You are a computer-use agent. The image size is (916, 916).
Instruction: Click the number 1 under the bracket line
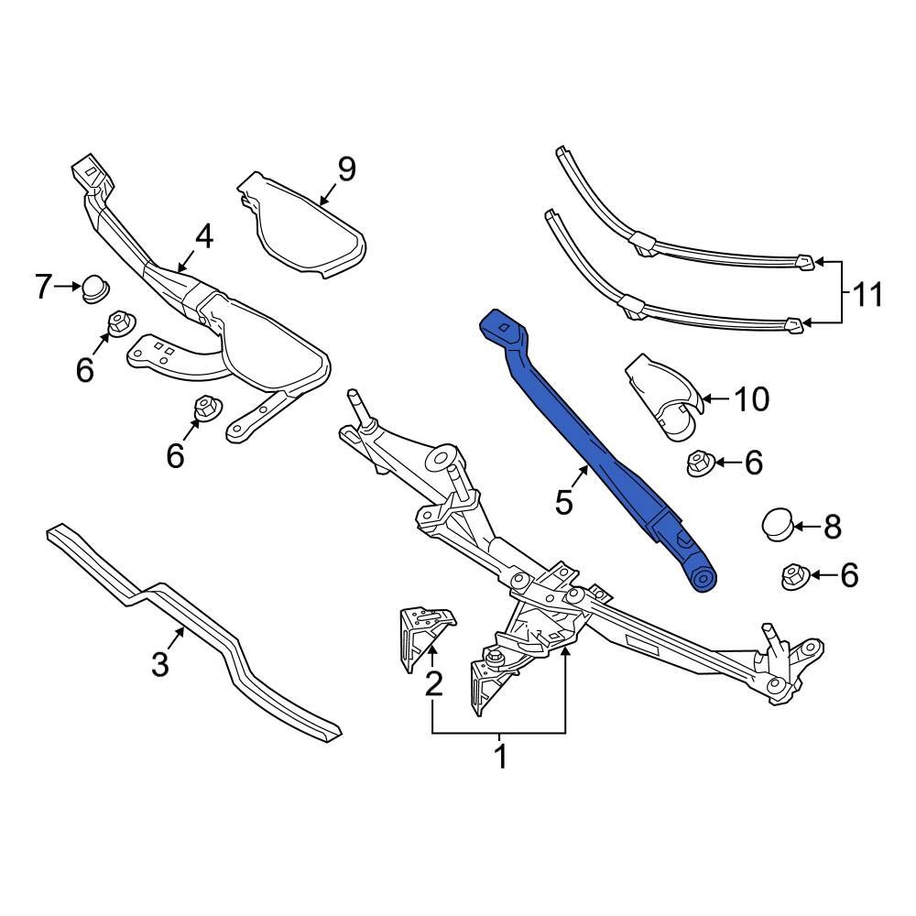click(x=500, y=758)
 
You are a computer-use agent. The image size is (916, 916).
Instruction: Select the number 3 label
click(x=160, y=663)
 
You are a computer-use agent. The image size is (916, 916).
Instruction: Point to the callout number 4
click(x=202, y=236)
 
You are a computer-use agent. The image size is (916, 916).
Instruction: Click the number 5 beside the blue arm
click(x=564, y=501)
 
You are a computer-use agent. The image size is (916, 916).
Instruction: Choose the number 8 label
click(x=831, y=527)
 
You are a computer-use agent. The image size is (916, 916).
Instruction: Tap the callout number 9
click(x=345, y=169)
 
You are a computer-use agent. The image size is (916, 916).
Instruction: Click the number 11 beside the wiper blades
click(x=867, y=295)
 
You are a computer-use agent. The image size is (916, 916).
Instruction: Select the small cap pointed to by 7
click(x=93, y=288)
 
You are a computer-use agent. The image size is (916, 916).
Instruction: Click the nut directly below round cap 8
click(x=792, y=577)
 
